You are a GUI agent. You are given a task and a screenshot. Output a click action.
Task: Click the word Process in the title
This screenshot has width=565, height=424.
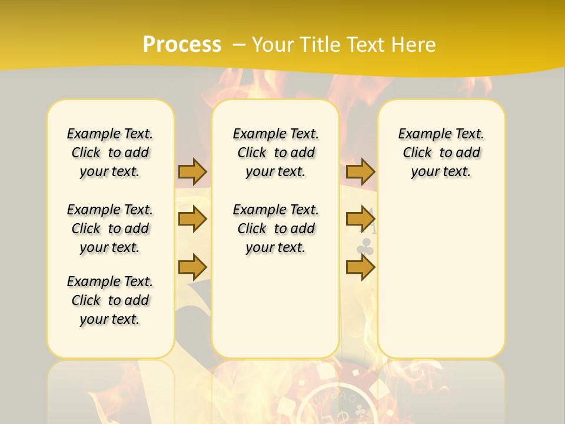click(182, 45)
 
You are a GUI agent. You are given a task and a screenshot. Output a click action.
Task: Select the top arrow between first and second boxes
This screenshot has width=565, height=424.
click(192, 171)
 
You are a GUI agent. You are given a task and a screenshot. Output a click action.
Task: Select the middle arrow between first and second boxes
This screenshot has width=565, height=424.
click(192, 219)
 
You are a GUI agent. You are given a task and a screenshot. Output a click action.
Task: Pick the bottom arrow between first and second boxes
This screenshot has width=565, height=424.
click(192, 267)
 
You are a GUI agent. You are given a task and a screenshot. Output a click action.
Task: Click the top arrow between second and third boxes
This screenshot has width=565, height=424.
click(360, 171)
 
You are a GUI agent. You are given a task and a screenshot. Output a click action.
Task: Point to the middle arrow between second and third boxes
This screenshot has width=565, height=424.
click(360, 219)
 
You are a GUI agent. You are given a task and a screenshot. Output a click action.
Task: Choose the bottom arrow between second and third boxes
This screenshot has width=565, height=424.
click(360, 267)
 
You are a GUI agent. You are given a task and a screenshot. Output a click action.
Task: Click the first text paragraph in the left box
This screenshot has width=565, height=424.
click(110, 153)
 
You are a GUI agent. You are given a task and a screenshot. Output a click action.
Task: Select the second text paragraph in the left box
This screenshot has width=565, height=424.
click(110, 228)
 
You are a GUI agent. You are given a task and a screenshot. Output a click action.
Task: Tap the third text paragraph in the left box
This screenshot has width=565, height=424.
click(110, 300)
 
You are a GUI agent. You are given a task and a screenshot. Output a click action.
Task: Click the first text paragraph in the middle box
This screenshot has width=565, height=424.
click(275, 153)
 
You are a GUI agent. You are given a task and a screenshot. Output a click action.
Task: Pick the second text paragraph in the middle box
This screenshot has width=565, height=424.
click(275, 228)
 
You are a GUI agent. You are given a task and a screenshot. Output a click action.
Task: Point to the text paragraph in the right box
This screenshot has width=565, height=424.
click(441, 153)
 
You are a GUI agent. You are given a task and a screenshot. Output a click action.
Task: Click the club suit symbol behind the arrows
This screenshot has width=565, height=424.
click(365, 247)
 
